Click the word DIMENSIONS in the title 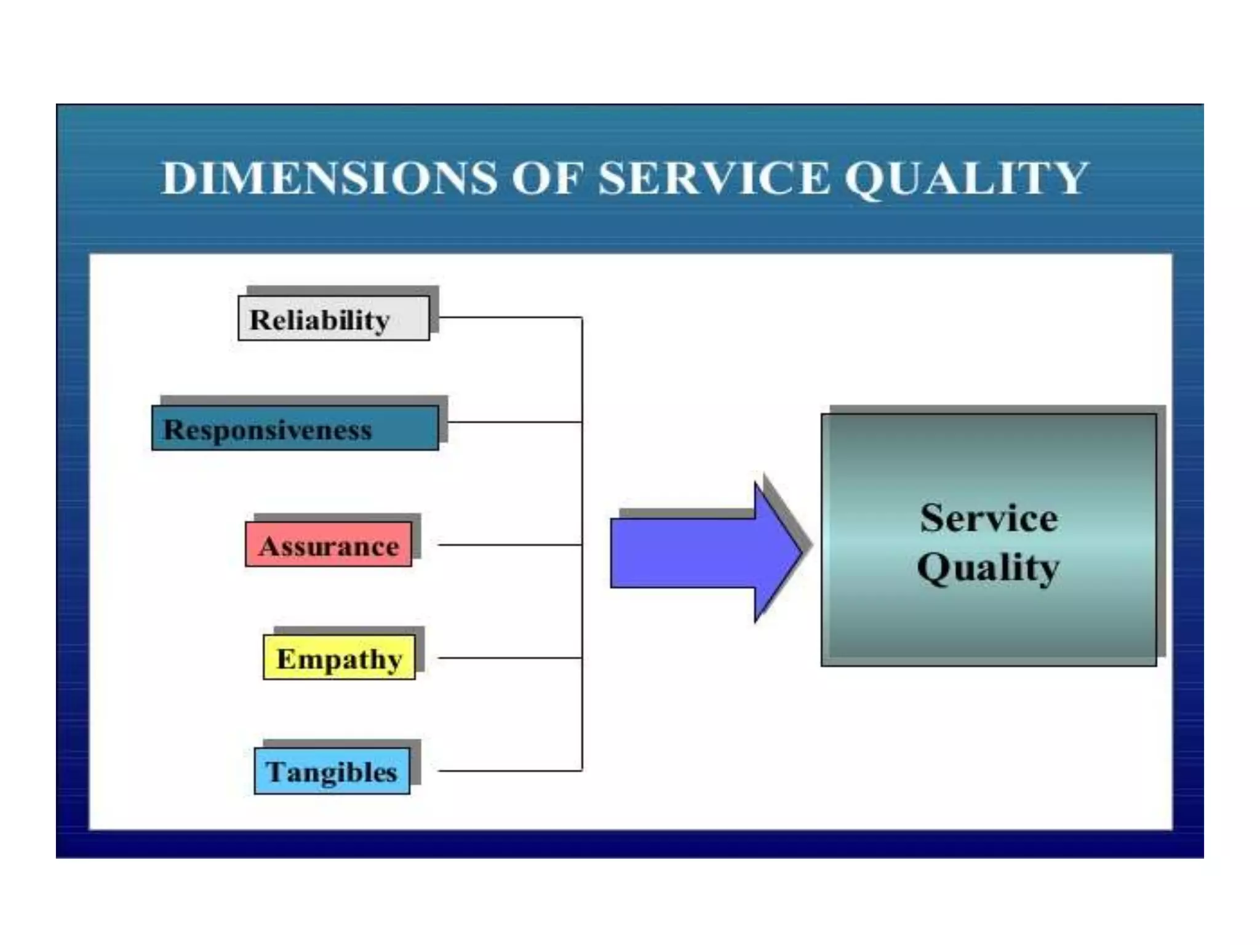(x=329, y=178)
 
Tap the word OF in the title (x=547, y=178)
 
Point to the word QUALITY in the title (x=966, y=178)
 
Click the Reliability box (x=333, y=319)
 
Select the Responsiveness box (x=295, y=428)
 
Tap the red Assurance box (x=329, y=544)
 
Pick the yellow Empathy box (x=339, y=658)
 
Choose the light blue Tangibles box (x=332, y=771)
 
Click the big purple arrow (x=695, y=552)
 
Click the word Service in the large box (x=989, y=518)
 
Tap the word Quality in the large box (x=988, y=567)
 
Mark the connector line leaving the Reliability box (x=511, y=317)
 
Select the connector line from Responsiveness (x=514, y=422)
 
